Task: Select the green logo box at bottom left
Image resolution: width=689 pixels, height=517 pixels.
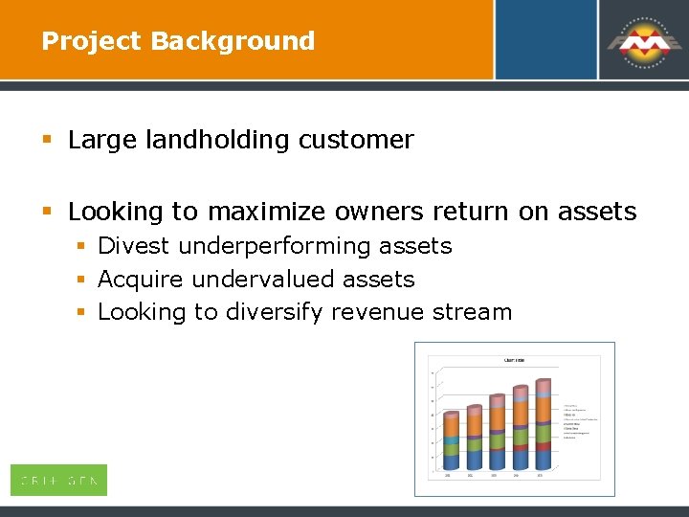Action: click(58, 480)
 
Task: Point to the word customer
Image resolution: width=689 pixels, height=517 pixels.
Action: click(356, 140)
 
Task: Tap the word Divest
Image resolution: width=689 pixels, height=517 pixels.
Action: click(134, 246)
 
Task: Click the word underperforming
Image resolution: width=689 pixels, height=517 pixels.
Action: click(273, 246)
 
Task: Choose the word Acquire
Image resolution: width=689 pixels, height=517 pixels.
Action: click(141, 280)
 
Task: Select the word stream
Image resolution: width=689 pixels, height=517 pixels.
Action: click(473, 312)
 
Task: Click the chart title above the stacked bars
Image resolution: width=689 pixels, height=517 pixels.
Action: click(514, 360)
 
